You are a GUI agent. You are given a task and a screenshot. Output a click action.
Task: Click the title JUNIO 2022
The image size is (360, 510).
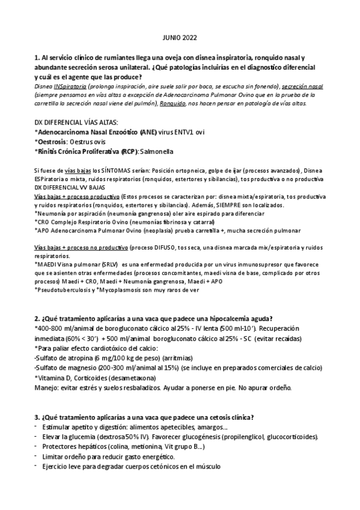180,36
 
